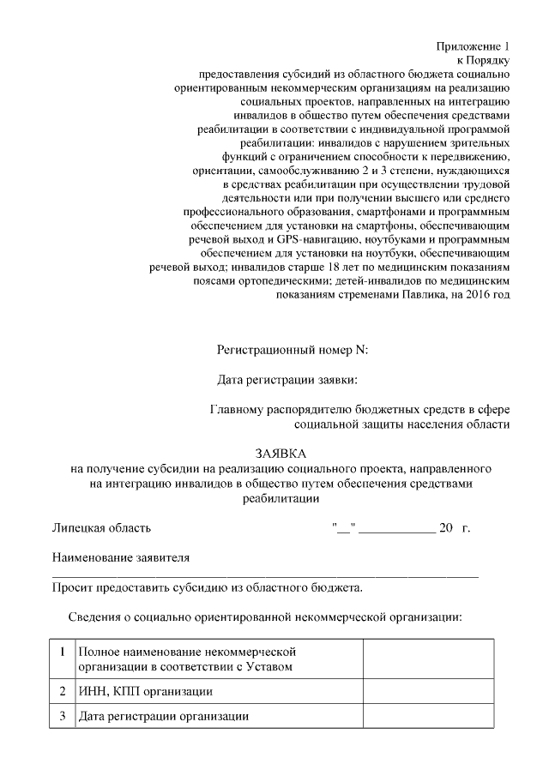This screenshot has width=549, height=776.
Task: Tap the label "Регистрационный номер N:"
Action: tap(292, 350)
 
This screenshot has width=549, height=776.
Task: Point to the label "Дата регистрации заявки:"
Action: tap(287, 380)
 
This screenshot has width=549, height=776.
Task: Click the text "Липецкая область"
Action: tap(102, 527)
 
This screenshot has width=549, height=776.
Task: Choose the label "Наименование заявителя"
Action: tap(121, 557)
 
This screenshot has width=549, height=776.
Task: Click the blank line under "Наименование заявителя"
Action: tap(265, 574)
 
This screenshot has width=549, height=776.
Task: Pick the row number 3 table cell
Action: tap(63, 716)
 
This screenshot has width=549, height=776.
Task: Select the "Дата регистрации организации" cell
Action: tap(163, 716)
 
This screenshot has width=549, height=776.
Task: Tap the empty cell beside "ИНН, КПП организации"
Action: tap(428, 691)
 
